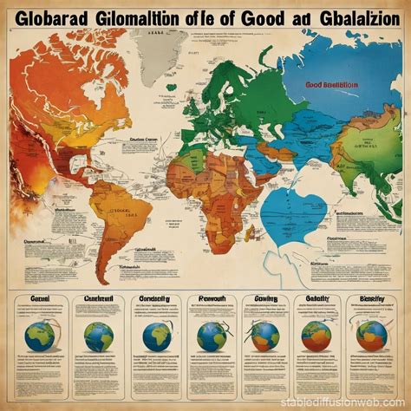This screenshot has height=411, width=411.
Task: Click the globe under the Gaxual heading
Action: pos(41,336)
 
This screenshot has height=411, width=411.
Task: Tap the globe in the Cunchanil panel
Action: pos(98,336)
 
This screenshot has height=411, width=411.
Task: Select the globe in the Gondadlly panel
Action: pos(156,336)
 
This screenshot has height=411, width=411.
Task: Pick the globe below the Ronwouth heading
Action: pos(211,336)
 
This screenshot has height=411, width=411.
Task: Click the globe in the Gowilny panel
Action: pos(264,336)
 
